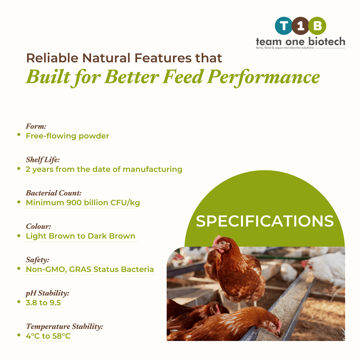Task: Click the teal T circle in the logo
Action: click(x=284, y=26)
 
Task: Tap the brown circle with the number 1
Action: click(x=300, y=26)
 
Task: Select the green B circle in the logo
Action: click(x=317, y=26)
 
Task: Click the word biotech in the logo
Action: click(x=327, y=41)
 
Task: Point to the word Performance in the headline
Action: click(x=263, y=77)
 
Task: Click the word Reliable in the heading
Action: click(x=52, y=58)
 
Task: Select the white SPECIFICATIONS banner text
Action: click(x=265, y=221)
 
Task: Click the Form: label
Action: click(x=36, y=126)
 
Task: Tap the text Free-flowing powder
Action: click(x=67, y=136)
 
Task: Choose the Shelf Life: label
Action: click(x=43, y=160)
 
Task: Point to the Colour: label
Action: click(x=38, y=226)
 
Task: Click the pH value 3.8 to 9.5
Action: click(x=43, y=303)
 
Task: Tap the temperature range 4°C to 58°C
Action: click(x=48, y=336)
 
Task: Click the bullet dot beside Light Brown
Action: click(x=19, y=236)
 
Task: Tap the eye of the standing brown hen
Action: click(x=222, y=243)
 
